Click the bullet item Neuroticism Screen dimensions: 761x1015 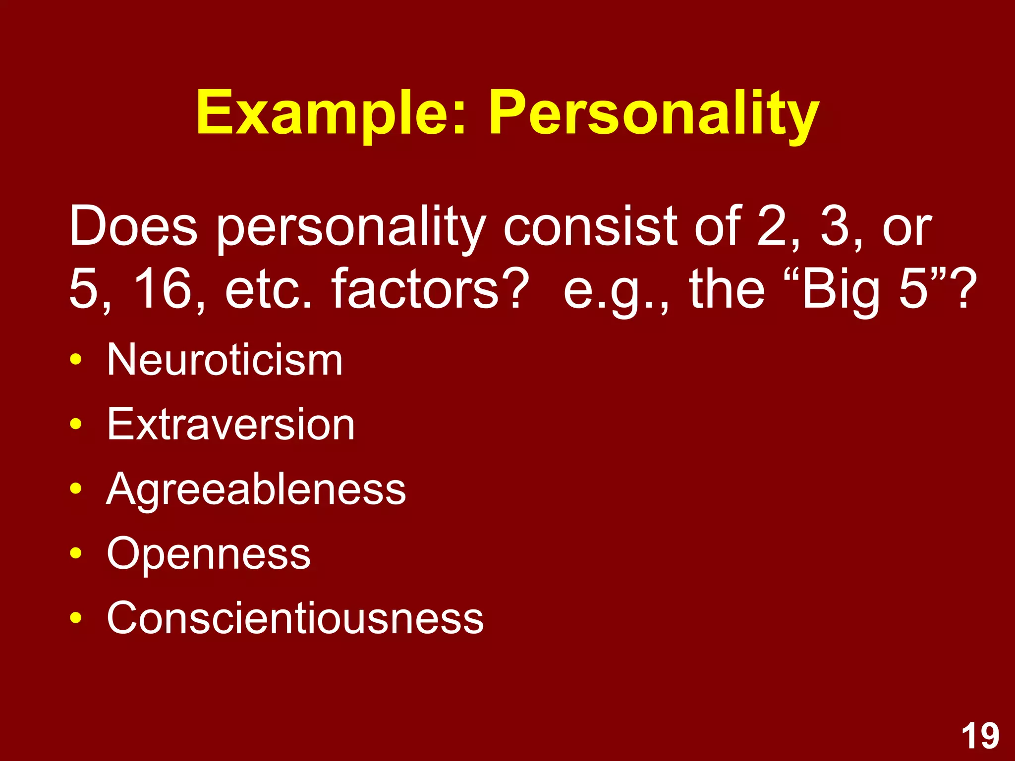pos(225,360)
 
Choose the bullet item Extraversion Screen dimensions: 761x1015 pos(231,425)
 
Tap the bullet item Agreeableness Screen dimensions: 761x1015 pos(256,489)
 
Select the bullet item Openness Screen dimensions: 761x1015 pos(209,553)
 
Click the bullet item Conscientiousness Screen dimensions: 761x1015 pos(295,618)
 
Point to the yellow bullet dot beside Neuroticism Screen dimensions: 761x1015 pos(75,360)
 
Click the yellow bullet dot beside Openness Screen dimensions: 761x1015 pos(75,553)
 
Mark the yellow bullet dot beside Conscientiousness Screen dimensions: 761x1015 pos(75,618)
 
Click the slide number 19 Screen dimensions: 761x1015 pos(980,736)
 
